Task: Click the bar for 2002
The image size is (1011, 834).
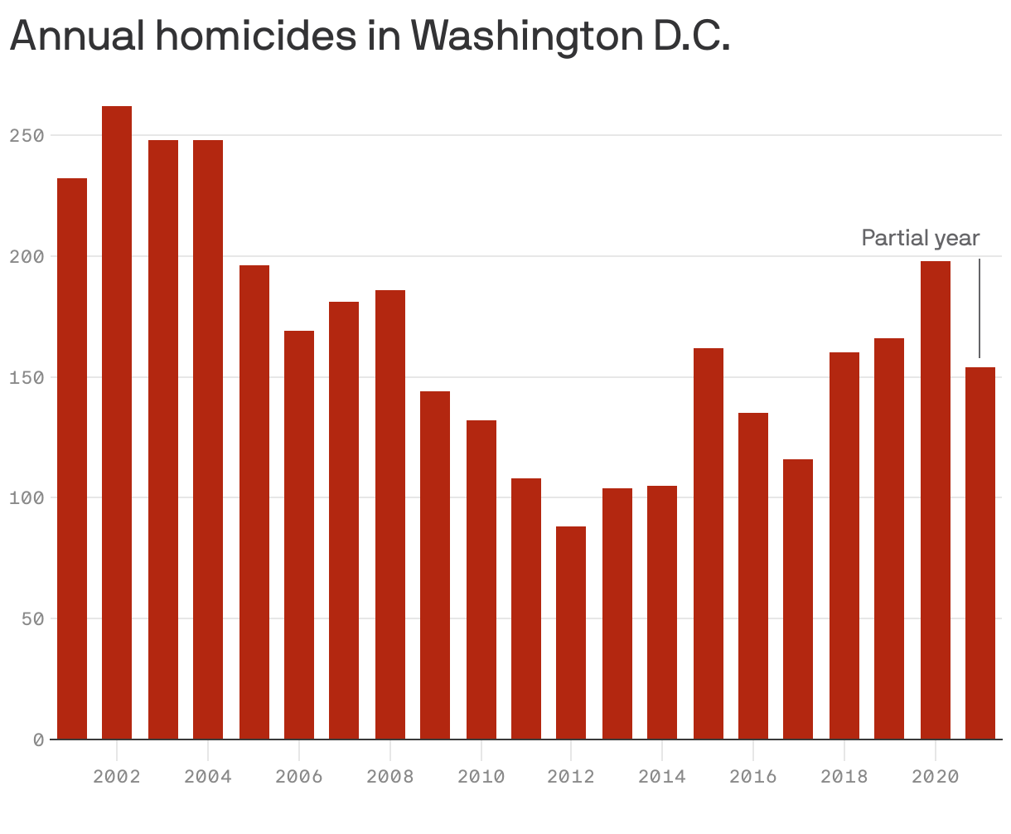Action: pyautogui.click(x=117, y=423)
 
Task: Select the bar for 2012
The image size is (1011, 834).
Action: pyautogui.click(x=571, y=633)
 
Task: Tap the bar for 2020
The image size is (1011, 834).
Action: pyautogui.click(x=936, y=500)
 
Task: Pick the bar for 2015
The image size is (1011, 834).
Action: pyautogui.click(x=709, y=543)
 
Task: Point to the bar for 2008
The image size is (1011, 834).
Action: pyautogui.click(x=390, y=514)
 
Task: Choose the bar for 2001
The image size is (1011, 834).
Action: pyautogui.click(x=72, y=458)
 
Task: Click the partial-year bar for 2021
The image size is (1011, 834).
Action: pyautogui.click(x=980, y=553)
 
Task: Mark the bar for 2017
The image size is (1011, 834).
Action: pyautogui.click(x=798, y=599)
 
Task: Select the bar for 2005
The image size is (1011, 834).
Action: pyautogui.click(x=254, y=502)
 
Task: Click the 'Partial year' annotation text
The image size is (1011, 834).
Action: pyautogui.click(x=921, y=239)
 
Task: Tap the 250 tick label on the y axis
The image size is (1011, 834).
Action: pyautogui.click(x=26, y=135)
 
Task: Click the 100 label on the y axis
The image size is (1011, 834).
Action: pyautogui.click(x=26, y=497)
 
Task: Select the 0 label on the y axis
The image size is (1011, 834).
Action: pyautogui.click(x=38, y=739)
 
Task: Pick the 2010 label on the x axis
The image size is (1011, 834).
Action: pyautogui.click(x=481, y=777)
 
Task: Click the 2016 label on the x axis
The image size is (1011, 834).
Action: pyautogui.click(x=753, y=777)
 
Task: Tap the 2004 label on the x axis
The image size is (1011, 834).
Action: pyautogui.click(x=207, y=777)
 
